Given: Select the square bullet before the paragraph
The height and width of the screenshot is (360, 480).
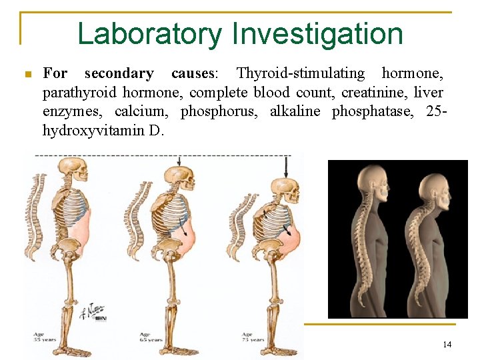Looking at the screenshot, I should pos(27,74).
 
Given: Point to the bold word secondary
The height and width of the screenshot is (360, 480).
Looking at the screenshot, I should pos(119,73).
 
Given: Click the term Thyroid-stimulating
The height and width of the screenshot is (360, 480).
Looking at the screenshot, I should pos(301,73).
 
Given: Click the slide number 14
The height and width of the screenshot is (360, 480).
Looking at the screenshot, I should pos(447,344).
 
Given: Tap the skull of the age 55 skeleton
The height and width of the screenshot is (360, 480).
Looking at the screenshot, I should pos(79,174).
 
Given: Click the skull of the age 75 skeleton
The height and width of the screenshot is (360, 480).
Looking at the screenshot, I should pos(273,190).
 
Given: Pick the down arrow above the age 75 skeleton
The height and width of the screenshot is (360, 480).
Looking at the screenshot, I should pos(286,166).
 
